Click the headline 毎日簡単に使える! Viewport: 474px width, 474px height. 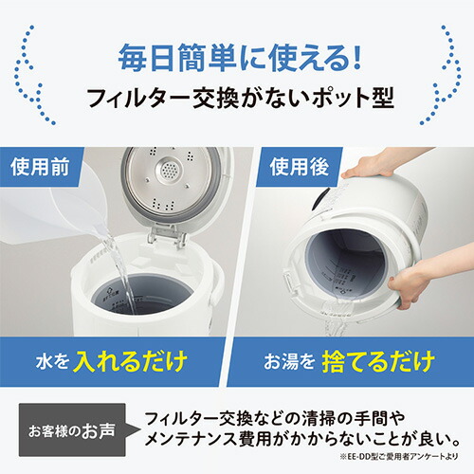click(x=237, y=57)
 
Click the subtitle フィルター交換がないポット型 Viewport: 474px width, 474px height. click(x=237, y=100)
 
